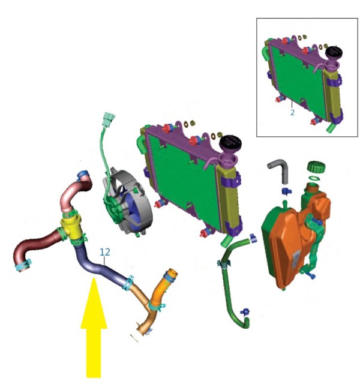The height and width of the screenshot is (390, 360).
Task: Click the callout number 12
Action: point(105,252)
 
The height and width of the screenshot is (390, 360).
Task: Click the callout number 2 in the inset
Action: point(292,113)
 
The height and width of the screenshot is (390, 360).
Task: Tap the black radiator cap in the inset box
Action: point(334,52)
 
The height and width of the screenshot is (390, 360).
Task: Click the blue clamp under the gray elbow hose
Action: point(286,191)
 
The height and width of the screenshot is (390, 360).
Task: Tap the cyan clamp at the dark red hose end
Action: point(24,266)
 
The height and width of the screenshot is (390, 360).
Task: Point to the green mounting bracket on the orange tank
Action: point(314,246)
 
